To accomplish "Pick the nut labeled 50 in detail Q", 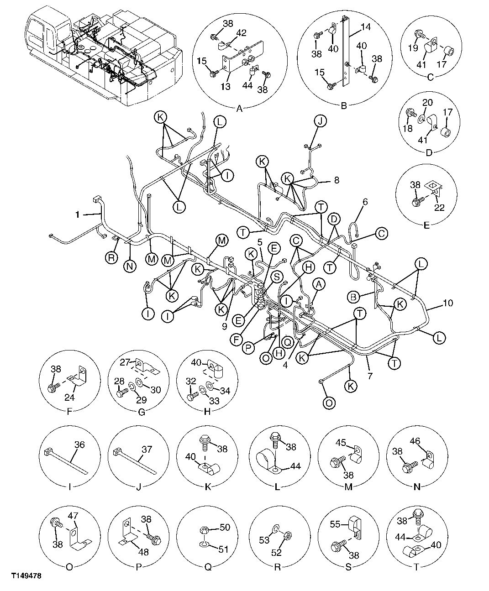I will tap(224, 528).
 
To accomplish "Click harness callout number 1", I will tap(77, 213).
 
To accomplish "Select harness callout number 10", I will tap(448, 303).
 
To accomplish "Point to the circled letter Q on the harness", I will tap(287, 340).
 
